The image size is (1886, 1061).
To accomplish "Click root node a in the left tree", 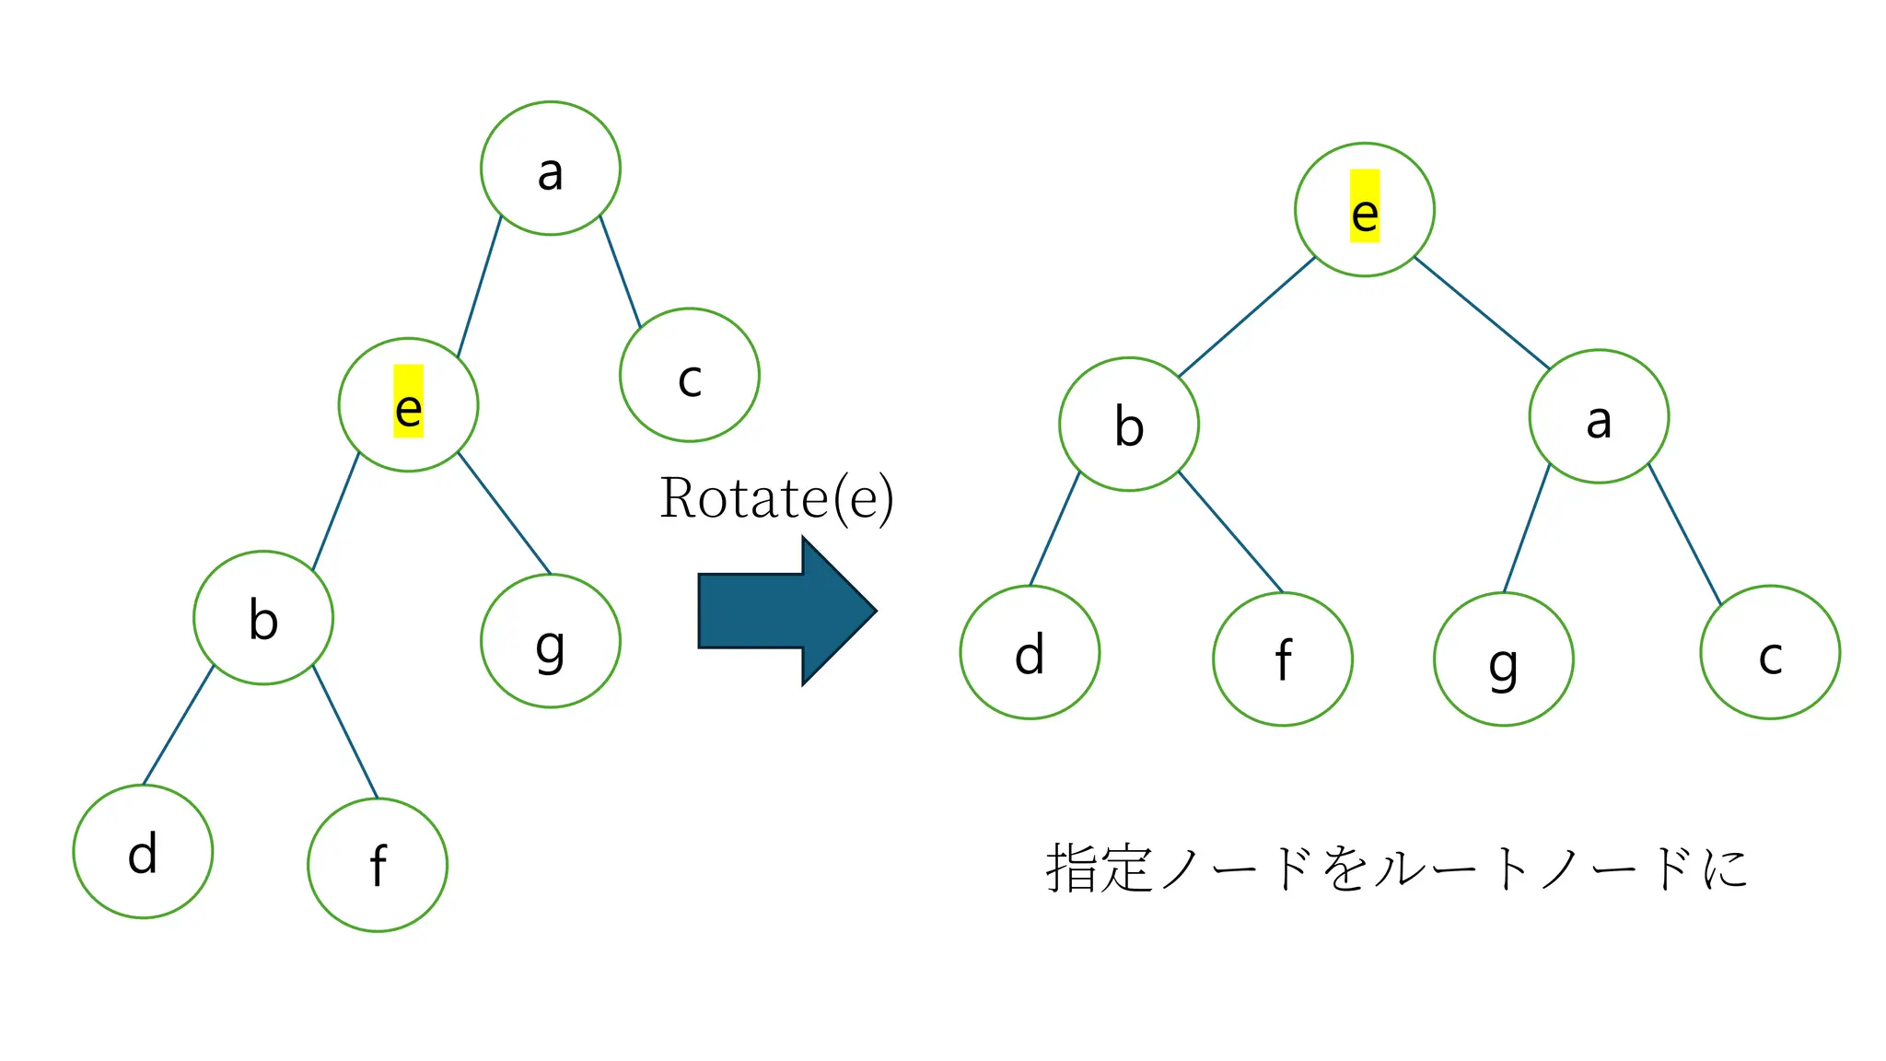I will coord(550,169).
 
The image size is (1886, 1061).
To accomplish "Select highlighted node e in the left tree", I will coord(408,405).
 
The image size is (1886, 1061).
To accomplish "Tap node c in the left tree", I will coord(689,375).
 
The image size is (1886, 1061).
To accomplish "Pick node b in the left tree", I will coord(263,618).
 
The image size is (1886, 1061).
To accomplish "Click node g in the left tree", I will coord(550,641).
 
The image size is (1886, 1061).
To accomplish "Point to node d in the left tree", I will coord(143,851).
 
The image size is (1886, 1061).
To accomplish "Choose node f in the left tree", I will coord(378,865).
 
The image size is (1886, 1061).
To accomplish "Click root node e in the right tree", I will coord(1364,210).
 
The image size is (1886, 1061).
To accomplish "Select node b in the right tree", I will coord(1129,425).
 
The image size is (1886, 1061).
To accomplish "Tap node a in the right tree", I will coord(1599,416).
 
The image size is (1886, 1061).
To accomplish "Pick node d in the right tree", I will coord(1030,652).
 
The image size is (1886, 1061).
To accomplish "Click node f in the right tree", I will coord(1283,659).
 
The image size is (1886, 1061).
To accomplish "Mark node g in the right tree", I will coord(1503,659).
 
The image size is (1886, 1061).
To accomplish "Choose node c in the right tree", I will coord(1770,652).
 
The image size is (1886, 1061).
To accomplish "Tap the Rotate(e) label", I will coord(776,498).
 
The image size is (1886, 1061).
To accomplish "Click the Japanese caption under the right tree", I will coord(1396,869).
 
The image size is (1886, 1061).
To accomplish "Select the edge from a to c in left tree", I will coord(620,271).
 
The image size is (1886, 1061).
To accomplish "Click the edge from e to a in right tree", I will coord(1482,313).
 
